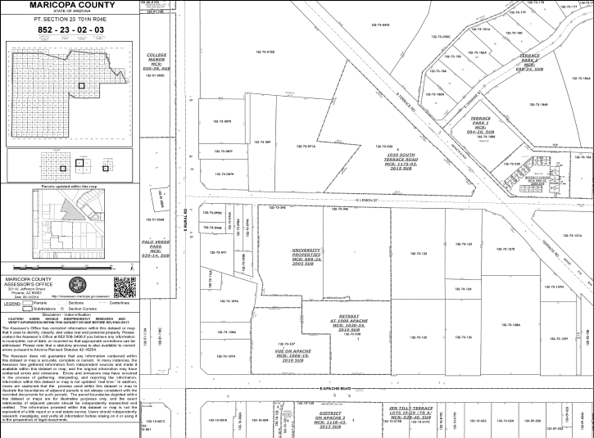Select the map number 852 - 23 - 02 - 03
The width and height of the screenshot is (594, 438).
click(70, 29)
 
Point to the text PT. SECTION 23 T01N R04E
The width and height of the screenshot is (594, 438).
click(70, 17)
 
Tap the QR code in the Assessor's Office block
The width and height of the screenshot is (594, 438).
click(123, 288)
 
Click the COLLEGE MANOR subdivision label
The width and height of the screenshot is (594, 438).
click(156, 61)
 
